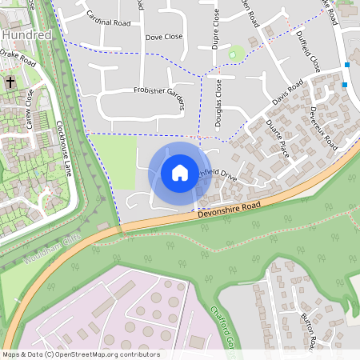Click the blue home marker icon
point(179,172)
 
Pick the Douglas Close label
point(218,103)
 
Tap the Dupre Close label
point(215,34)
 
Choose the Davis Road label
point(286,93)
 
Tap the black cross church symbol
point(10,82)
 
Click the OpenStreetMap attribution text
point(80,354)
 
